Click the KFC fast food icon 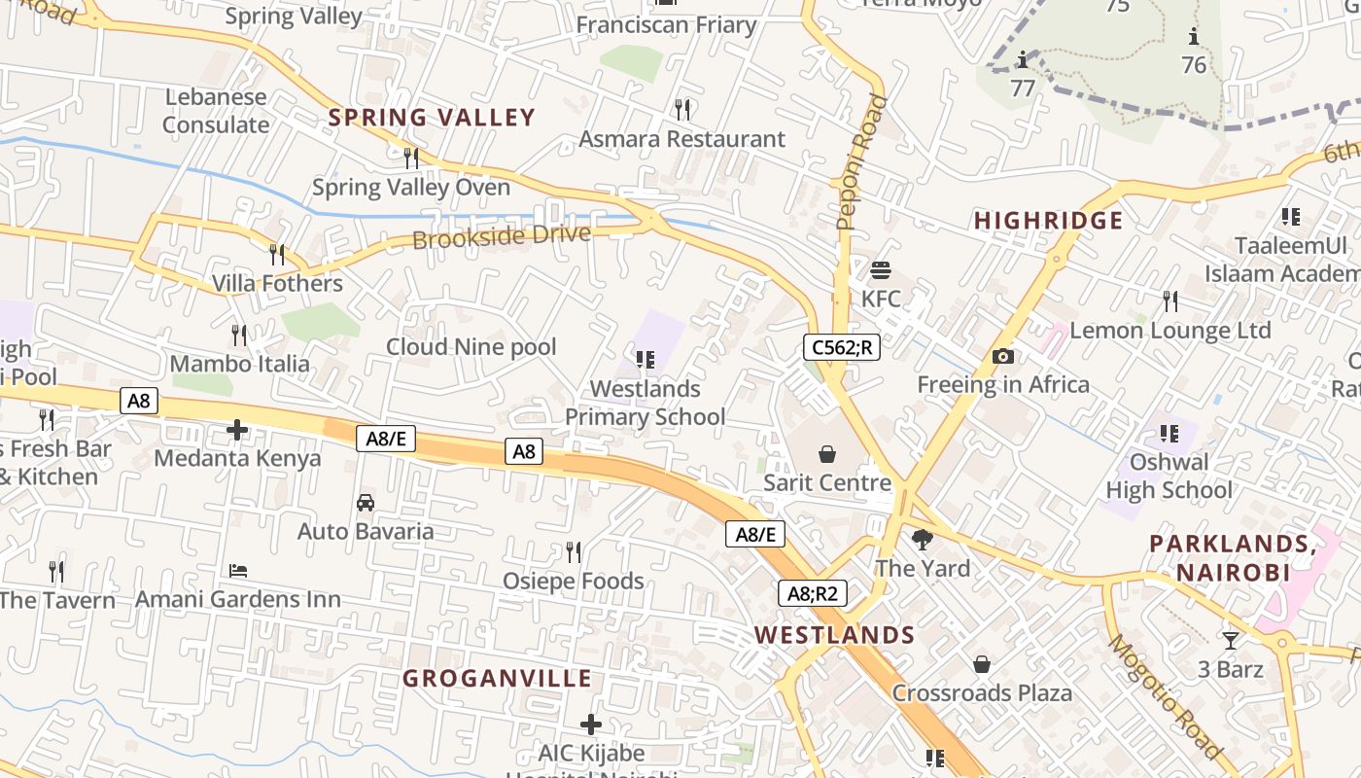click(x=881, y=269)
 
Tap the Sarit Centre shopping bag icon click(x=826, y=454)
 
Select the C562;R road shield click(x=841, y=347)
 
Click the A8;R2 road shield click(x=812, y=593)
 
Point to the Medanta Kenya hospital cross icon click(x=237, y=429)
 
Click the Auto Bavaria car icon click(x=366, y=503)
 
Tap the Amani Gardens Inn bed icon click(x=238, y=570)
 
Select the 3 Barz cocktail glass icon click(x=1231, y=640)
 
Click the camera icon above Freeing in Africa click(x=1003, y=357)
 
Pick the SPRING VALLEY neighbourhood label click(x=432, y=118)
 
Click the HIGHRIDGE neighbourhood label click(x=1048, y=221)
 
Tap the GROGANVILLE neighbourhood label click(x=497, y=678)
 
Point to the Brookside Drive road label click(x=502, y=236)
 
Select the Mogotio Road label click(x=1165, y=696)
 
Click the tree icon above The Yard click(x=922, y=539)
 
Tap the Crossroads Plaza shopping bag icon click(x=982, y=664)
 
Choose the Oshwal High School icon click(x=1169, y=433)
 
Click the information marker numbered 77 click(x=1022, y=61)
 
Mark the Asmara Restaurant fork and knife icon click(x=682, y=109)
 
